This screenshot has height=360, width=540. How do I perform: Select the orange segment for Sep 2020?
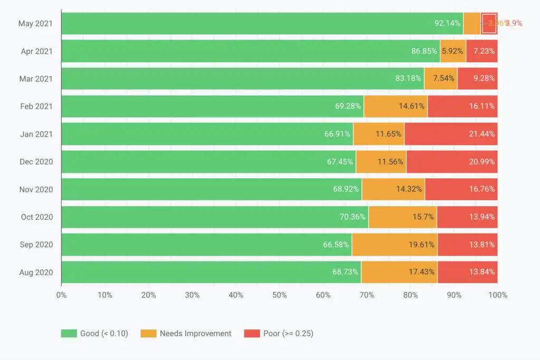[394, 245]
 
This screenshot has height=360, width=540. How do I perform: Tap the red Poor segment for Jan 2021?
[451, 134]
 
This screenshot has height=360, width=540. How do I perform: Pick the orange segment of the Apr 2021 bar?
[452, 51]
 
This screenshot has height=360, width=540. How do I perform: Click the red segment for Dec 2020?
[452, 162]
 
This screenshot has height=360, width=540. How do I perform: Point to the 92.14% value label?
[447, 23]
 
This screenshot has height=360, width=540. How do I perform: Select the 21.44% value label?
[482, 134]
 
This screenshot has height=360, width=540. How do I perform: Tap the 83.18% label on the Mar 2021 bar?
[408, 79]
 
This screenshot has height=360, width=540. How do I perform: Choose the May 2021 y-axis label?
[35, 24]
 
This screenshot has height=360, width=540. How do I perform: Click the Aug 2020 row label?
[36, 273]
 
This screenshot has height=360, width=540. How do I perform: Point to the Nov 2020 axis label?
[36, 189]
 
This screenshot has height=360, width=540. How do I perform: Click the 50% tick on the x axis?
[279, 295]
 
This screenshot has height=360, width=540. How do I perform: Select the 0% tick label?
[61, 295]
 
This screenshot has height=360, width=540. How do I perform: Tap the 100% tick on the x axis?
[498, 295]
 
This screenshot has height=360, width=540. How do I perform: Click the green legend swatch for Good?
[69, 334]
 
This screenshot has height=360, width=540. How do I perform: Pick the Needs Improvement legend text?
[195, 334]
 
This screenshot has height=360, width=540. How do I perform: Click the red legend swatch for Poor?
[251, 334]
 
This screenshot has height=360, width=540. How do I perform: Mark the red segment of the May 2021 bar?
[489, 23]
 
